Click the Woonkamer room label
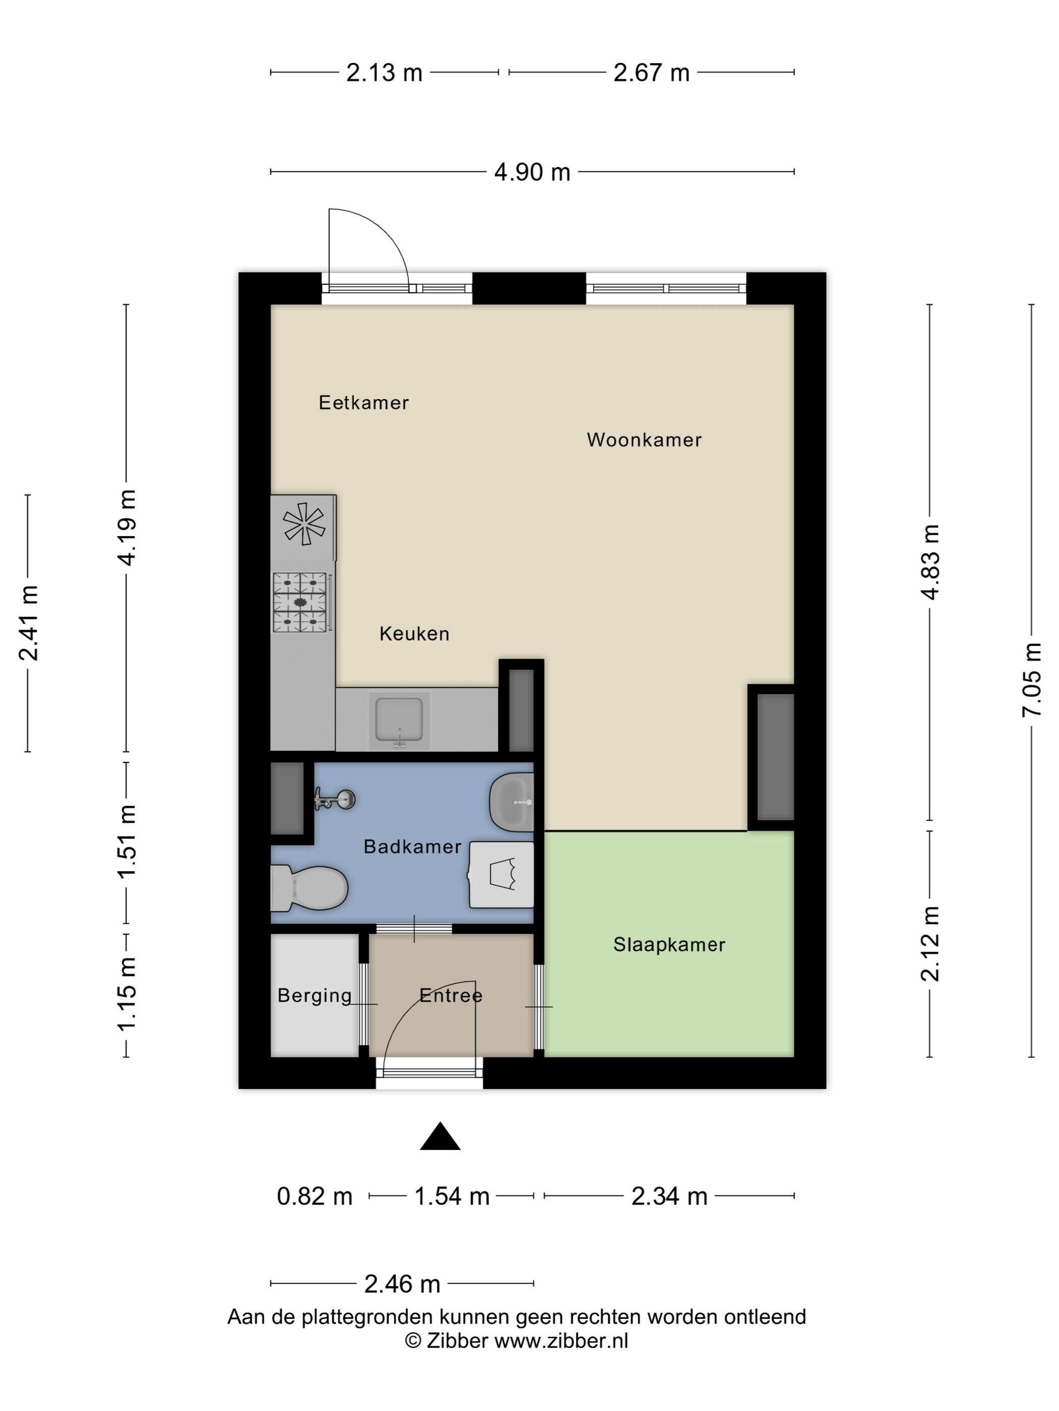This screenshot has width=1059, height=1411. [x=643, y=439]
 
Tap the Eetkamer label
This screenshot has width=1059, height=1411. [x=363, y=403]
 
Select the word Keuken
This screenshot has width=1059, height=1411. [x=415, y=633]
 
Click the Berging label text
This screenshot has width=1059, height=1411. [x=314, y=995]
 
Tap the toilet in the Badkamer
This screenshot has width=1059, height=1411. [x=309, y=888]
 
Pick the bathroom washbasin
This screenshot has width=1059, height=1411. [x=511, y=802]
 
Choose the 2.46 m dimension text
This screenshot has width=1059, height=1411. [x=402, y=1284]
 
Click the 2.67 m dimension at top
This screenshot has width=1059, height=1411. [x=651, y=73]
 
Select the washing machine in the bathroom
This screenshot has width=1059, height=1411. [x=502, y=874]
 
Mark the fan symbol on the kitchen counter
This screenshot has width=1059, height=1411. [x=304, y=525]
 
